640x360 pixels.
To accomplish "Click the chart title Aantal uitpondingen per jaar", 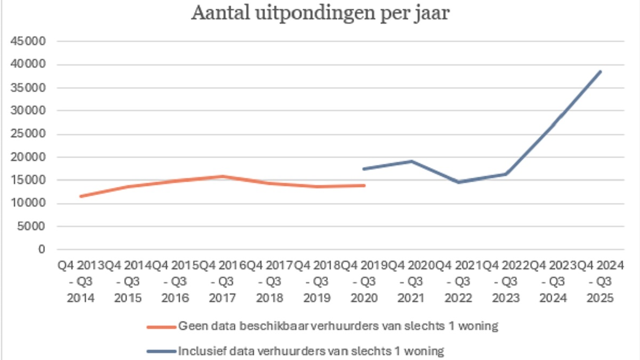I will point(320,14).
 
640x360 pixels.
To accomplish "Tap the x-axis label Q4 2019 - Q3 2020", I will point(365,282).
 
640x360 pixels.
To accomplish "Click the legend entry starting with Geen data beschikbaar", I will point(339,326).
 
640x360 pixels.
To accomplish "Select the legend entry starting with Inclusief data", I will point(311,351).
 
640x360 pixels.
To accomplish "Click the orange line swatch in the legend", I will point(161,326).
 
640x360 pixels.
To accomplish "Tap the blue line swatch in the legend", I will point(161,352).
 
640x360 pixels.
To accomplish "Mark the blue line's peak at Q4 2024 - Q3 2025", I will point(600,71).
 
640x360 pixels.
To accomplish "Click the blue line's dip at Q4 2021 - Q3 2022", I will point(459,182).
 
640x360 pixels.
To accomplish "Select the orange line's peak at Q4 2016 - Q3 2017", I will point(222,176).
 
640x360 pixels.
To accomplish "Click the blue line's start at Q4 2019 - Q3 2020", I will point(365,169).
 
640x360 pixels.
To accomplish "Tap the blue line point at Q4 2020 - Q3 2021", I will point(411,161).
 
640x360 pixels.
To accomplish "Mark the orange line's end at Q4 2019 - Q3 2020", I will point(365,185).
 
